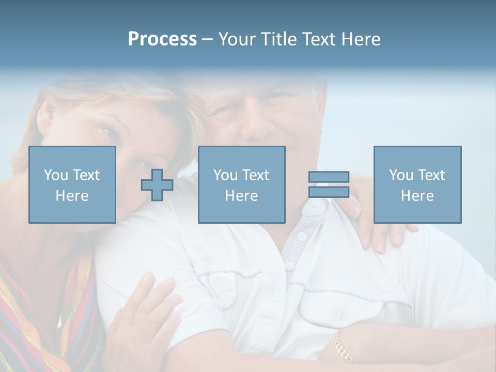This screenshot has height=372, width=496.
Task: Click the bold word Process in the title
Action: pos(162,39)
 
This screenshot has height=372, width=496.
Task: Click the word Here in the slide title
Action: pos(360,39)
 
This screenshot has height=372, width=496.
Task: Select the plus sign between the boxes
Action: pos(157,185)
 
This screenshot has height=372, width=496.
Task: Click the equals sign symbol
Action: pos(329,184)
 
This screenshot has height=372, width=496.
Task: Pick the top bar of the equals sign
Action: pos(329,177)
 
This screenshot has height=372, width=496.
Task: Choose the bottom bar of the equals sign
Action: pos(329,192)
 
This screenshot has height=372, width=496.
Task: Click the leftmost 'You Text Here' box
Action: pos(72,184)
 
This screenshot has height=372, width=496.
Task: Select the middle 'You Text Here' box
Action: pos(241,184)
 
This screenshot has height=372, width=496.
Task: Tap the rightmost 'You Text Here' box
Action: pos(417,184)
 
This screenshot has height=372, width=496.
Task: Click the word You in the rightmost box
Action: pos(401,175)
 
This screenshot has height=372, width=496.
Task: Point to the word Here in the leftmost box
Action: pos(72,196)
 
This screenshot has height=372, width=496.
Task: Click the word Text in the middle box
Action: pos(256,175)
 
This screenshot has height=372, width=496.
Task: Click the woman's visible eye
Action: pos(110,132)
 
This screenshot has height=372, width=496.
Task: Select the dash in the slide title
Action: pos(207,39)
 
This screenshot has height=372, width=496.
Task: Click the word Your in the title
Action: pos(237,39)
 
